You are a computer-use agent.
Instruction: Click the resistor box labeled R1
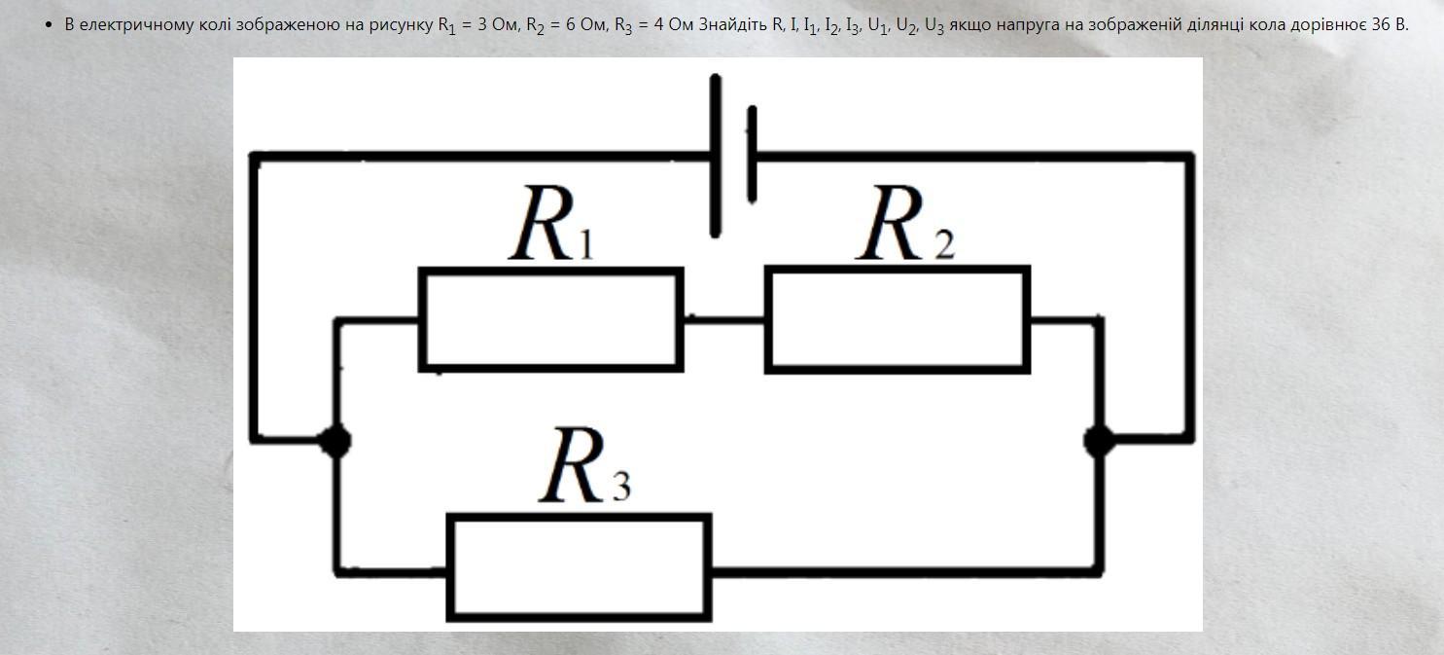coord(550,320)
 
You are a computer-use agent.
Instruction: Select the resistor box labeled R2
coord(897,320)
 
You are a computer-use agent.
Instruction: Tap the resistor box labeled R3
coord(579,567)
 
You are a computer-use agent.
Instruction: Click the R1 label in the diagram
coord(550,227)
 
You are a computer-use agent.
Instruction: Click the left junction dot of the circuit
coord(336,441)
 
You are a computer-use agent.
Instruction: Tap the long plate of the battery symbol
coord(717,156)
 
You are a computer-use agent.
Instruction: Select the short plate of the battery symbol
coord(751,156)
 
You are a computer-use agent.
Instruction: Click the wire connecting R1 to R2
coord(723,317)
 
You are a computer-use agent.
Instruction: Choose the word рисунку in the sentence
coord(402,23)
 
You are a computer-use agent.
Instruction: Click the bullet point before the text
coord(49,23)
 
